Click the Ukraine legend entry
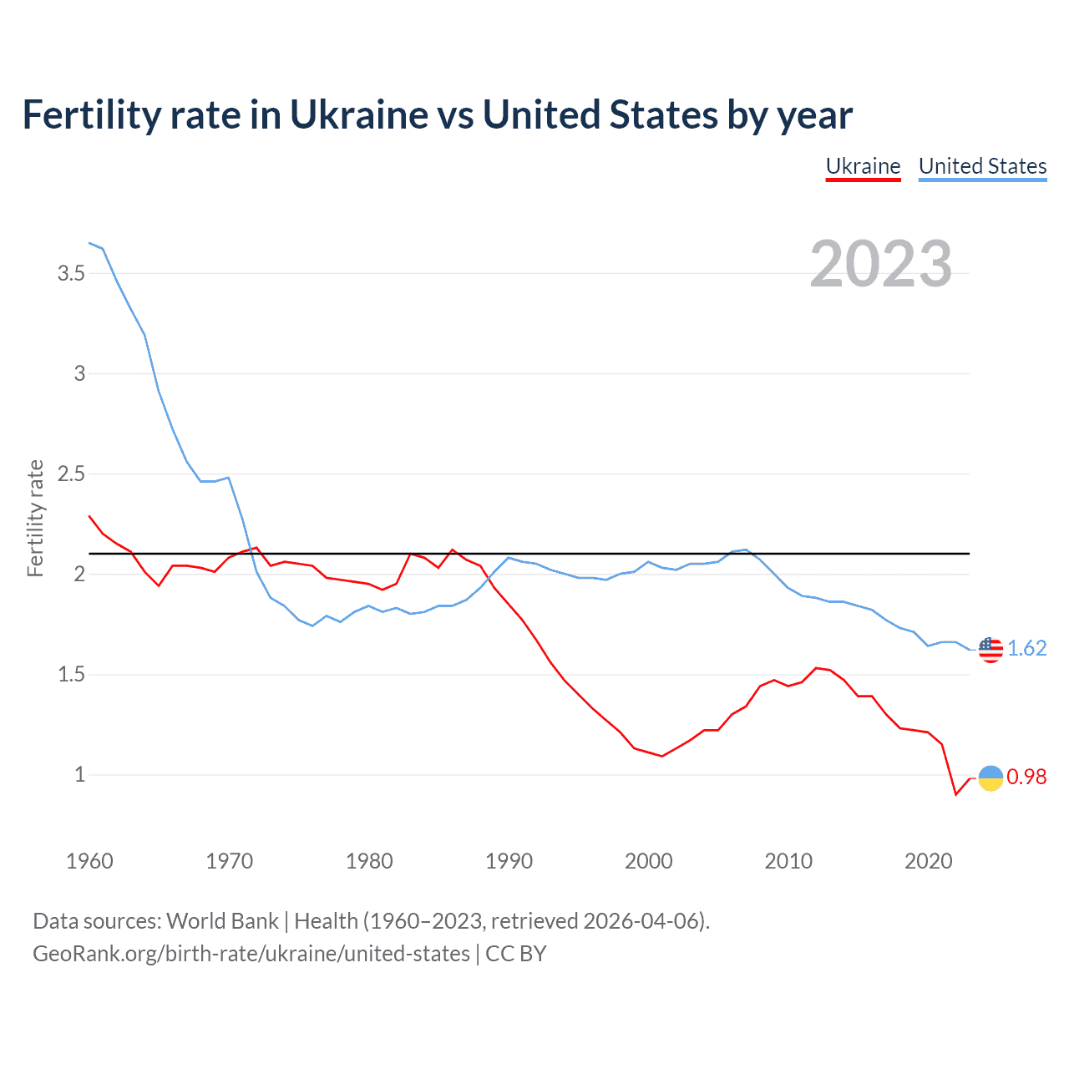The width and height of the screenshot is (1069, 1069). (x=863, y=166)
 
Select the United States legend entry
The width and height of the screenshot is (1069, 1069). (x=982, y=166)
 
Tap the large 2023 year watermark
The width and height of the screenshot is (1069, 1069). (x=880, y=264)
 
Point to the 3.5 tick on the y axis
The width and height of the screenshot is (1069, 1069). (x=71, y=273)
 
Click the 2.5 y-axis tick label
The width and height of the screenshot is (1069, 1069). (x=71, y=474)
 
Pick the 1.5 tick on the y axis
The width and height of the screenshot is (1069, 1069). (x=71, y=675)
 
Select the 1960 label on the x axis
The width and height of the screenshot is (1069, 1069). (x=89, y=861)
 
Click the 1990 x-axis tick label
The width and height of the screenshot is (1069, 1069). (x=509, y=861)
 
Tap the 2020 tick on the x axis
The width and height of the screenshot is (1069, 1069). (x=928, y=861)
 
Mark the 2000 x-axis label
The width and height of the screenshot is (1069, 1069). (x=648, y=861)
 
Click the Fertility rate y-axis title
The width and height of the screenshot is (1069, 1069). (x=35, y=518)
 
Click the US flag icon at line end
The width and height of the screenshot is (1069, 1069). (x=990, y=649)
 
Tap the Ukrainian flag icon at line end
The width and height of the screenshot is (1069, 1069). (x=990, y=778)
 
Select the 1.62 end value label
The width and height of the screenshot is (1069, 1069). (x=1026, y=649)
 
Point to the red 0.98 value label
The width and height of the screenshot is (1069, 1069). (x=1026, y=778)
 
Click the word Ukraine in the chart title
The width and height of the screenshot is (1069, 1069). (x=357, y=115)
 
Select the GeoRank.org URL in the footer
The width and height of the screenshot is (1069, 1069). (x=251, y=954)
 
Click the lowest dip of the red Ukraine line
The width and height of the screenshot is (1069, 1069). (x=956, y=794)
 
